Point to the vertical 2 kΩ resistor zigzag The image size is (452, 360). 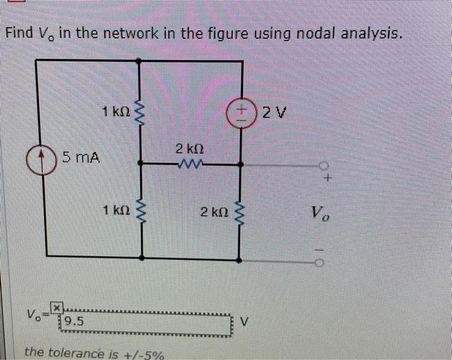tap(241, 212)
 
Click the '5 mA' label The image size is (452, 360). tap(81, 156)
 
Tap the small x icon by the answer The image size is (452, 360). tap(57, 307)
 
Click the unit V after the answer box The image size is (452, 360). tap(245, 321)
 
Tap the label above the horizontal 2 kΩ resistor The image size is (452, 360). tap(189, 149)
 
